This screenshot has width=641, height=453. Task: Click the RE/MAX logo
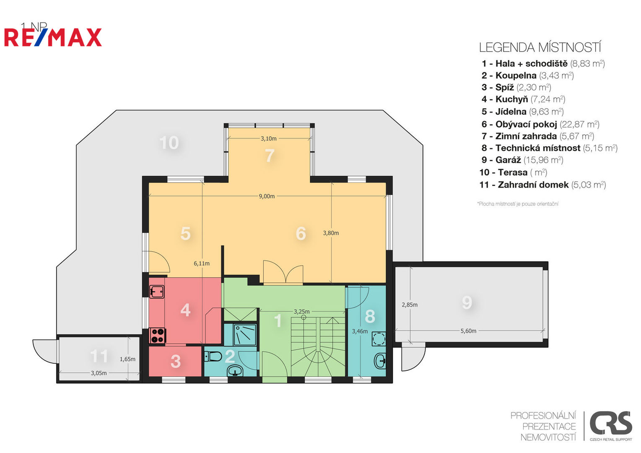tap(53, 37)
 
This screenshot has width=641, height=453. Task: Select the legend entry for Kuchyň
tap(523, 99)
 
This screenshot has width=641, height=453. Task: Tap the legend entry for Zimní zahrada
tap(538, 136)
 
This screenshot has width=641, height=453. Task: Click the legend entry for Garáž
tap(522, 160)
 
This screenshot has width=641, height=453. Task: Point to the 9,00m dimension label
tap(267, 196)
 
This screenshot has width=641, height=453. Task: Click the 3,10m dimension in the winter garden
tap(268, 138)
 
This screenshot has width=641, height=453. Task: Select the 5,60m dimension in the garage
tap(468, 331)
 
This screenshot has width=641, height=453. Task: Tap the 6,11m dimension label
tap(202, 263)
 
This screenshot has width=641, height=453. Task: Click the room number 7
tap(270, 156)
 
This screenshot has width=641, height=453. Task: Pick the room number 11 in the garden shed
tap(99, 356)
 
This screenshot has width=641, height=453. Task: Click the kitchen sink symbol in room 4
tap(157, 292)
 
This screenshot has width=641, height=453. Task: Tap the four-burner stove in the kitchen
tap(157, 336)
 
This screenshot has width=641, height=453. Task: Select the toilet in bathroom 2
tap(213, 357)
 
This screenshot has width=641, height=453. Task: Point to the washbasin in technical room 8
tap(380, 361)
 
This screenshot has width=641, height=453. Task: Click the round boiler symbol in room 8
tap(379, 339)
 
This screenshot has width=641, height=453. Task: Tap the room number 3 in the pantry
tap(175, 362)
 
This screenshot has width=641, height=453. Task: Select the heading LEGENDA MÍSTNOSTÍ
tap(540, 47)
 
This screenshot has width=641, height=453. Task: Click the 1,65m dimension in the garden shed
tap(127, 359)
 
